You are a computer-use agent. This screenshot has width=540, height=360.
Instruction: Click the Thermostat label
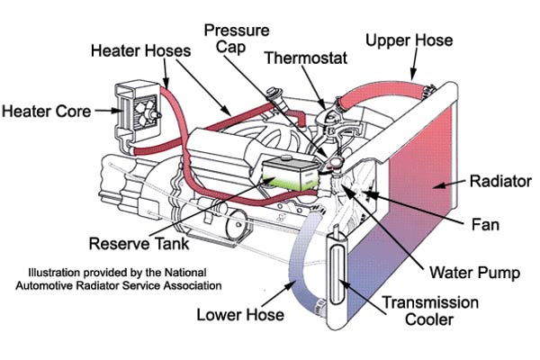[x=301, y=58]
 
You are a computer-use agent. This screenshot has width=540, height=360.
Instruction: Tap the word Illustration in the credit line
[x=57, y=272]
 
